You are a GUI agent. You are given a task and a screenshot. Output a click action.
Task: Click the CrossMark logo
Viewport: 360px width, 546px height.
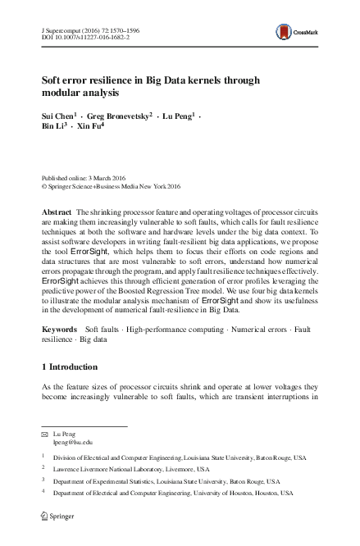point(309,34)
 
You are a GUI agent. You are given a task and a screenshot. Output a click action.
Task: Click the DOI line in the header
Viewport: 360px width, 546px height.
point(80,35)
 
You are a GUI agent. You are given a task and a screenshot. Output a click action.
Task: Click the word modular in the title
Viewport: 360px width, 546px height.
point(62,93)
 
